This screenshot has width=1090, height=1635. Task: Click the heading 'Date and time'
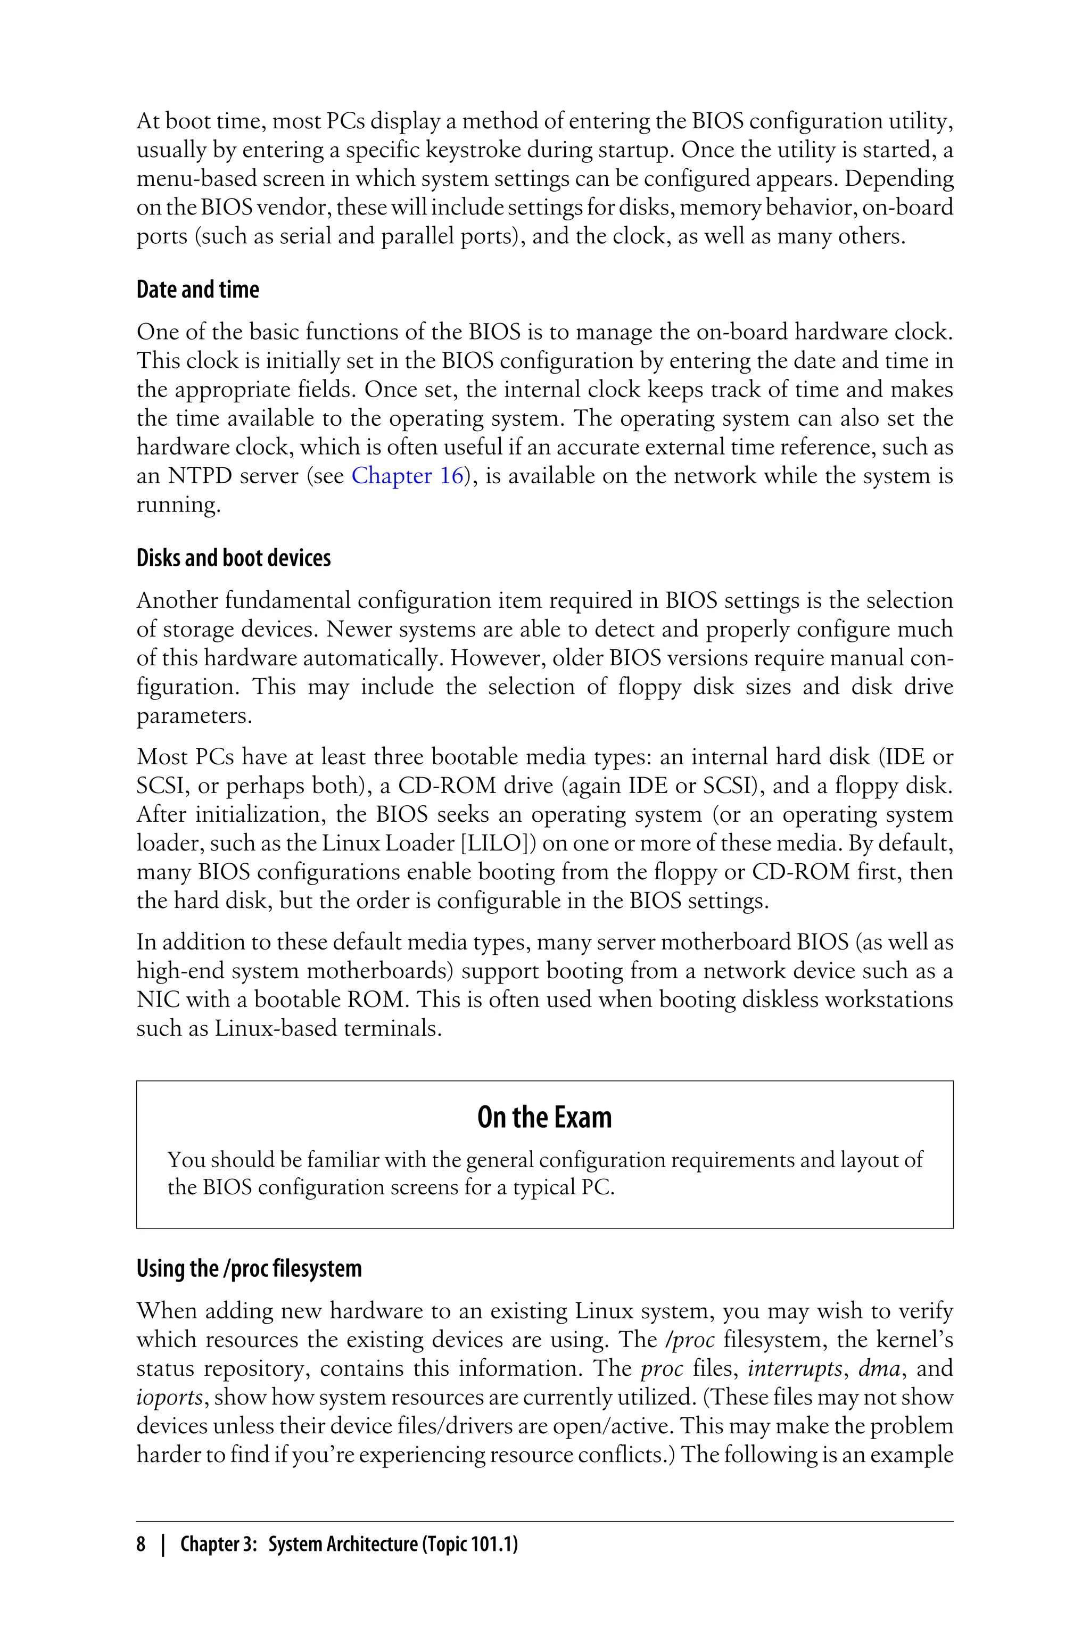click(x=197, y=290)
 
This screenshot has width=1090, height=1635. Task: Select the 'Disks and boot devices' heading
click(x=234, y=558)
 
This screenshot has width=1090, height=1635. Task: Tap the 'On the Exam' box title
click(x=544, y=1117)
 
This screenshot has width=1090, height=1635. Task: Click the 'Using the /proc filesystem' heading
click(x=249, y=1269)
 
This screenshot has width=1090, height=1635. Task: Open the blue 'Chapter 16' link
click(x=407, y=476)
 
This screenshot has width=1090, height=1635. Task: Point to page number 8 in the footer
click(x=141, y=1545)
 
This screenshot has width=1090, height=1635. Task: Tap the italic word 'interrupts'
click(x=795, y=1369)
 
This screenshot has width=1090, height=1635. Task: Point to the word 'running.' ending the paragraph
click(x=178, y=506)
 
